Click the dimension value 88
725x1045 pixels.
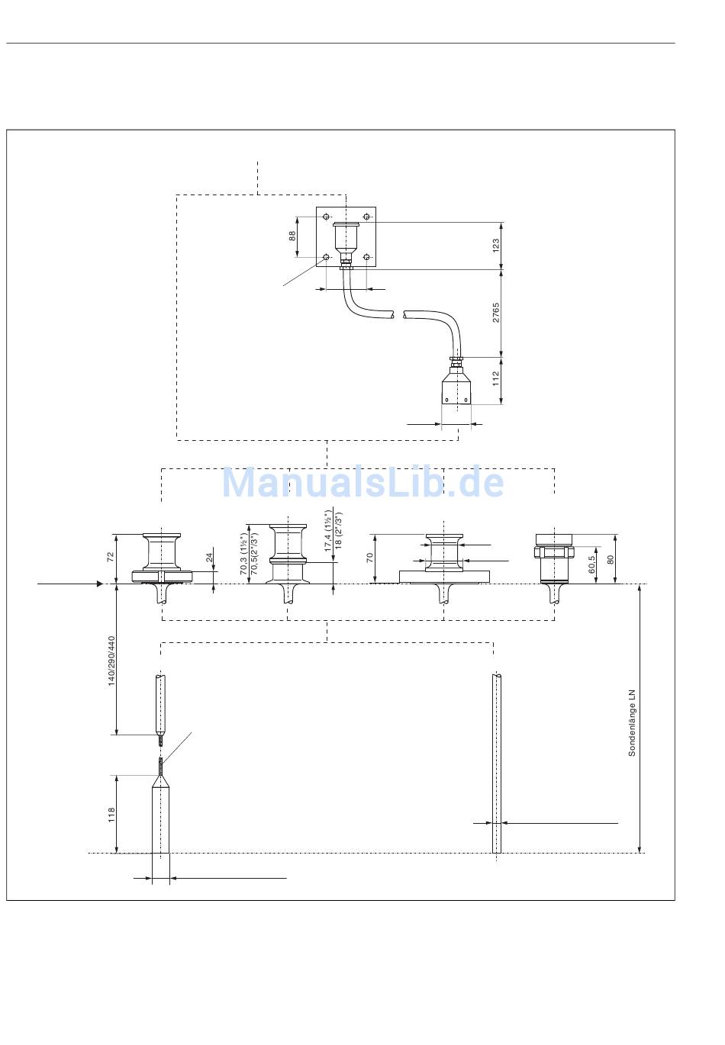(x=292, y=236)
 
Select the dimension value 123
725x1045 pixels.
(x=495, y=245)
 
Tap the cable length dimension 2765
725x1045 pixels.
(x=495, y=313)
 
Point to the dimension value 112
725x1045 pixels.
(x=495, y=379)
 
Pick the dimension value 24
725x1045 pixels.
(x=210, y=558)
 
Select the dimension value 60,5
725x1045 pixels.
(x=592, y=564)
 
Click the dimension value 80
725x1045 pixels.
(x=610, y=559)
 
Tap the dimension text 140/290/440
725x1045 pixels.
(x=111, y=661)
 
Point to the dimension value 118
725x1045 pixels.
(x=111, y=815)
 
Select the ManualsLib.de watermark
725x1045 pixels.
(x=362, y=482)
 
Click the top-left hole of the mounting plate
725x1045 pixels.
(x=327, y=217)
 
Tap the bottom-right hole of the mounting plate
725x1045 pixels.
(x=367, y=256)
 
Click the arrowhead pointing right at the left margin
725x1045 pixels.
(x=98, y=584)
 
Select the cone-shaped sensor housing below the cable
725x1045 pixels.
(x=456, y=389)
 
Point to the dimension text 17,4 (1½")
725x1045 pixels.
(x=327, y=533)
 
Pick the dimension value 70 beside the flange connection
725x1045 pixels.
(x=370, y=558)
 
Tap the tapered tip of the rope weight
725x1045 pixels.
(x=160, y=780)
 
